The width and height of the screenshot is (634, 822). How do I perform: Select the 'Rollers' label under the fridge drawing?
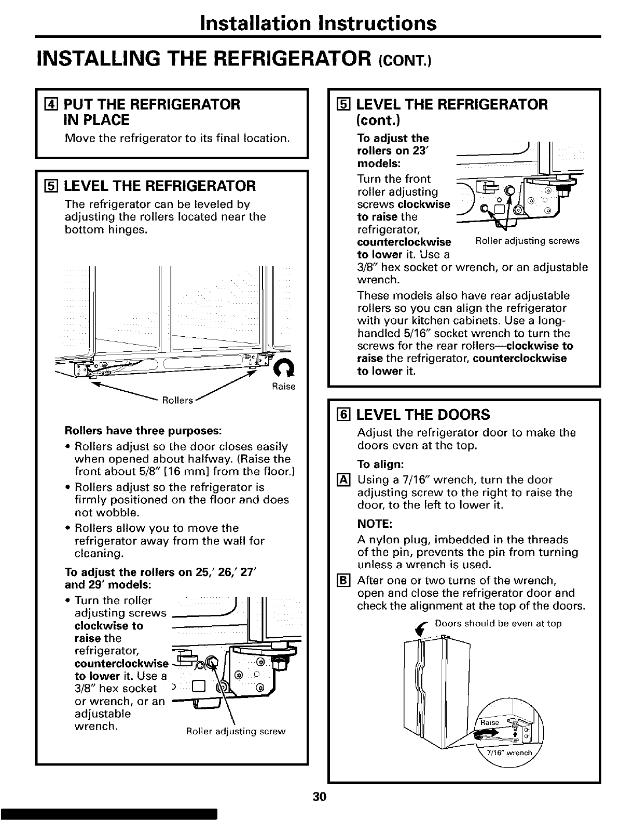coord(177,400)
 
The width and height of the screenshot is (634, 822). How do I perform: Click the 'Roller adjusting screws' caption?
coord(527,241)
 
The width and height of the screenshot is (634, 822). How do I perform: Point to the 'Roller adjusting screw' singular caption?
coord(236,732)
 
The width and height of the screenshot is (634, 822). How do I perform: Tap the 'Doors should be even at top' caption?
coord(498,623)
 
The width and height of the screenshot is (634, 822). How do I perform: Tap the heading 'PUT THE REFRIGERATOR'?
coord(152,104)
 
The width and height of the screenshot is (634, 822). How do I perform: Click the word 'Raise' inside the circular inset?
coord(489,723)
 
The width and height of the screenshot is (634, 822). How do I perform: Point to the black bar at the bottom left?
coord(108,814)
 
